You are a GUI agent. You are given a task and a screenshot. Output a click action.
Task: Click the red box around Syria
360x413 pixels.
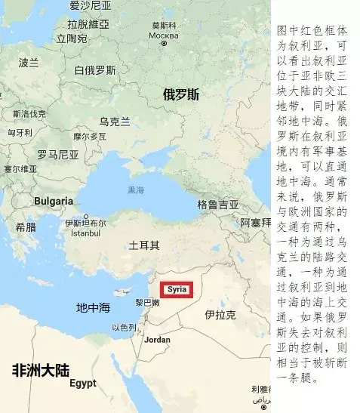[x=177, y=289]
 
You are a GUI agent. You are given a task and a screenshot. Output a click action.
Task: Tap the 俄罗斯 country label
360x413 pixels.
[x=181, y=94]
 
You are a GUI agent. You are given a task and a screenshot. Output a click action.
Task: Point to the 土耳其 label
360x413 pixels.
[x=144, y=245]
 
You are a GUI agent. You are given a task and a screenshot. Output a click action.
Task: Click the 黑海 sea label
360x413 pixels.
[x=136, y=190]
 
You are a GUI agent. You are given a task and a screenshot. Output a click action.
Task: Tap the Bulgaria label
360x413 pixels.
[x=54, y=202]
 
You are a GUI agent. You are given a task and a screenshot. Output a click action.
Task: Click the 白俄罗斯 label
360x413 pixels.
[x=95, y=70]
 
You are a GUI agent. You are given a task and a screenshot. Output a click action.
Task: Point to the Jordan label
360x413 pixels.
[x=158, y=340]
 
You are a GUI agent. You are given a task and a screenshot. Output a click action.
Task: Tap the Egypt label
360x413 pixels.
[x=83, y=383]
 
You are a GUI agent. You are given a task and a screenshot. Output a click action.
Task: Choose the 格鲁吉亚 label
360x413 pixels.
[x=218, y=205]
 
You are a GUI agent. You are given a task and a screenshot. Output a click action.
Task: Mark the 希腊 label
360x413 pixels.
[x=26, y=227]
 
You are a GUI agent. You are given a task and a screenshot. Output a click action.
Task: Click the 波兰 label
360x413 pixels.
[x=29, y=62]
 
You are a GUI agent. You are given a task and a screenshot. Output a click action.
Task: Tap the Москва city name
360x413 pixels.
[x=164, y=35]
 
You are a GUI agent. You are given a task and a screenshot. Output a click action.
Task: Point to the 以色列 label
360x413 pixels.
[x=124, y=328]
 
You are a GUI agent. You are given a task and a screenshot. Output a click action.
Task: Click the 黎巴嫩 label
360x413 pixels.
[x=147, y=302]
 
